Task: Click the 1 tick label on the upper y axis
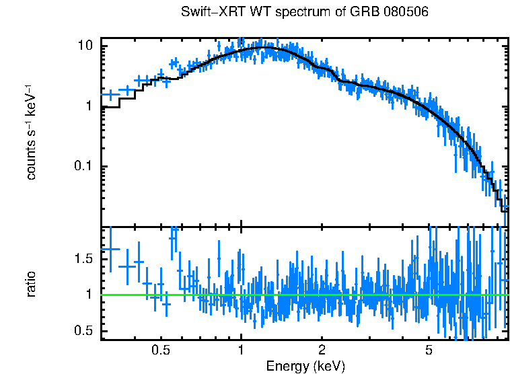[x=88, y=106]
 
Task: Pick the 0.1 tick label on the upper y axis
[x=83, y=167]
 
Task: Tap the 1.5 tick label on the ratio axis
[x=83, y=259]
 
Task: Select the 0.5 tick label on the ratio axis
[x=83, y=330]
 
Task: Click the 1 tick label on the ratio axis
[x=88, y=295]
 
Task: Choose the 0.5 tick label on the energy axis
[x=160, y=350]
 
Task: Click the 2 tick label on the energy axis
[x=322, y=350]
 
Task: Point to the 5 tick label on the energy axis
[x=429, y=350]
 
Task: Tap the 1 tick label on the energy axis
[x=241, y=350]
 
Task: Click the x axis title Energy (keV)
[x=305, y=366]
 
